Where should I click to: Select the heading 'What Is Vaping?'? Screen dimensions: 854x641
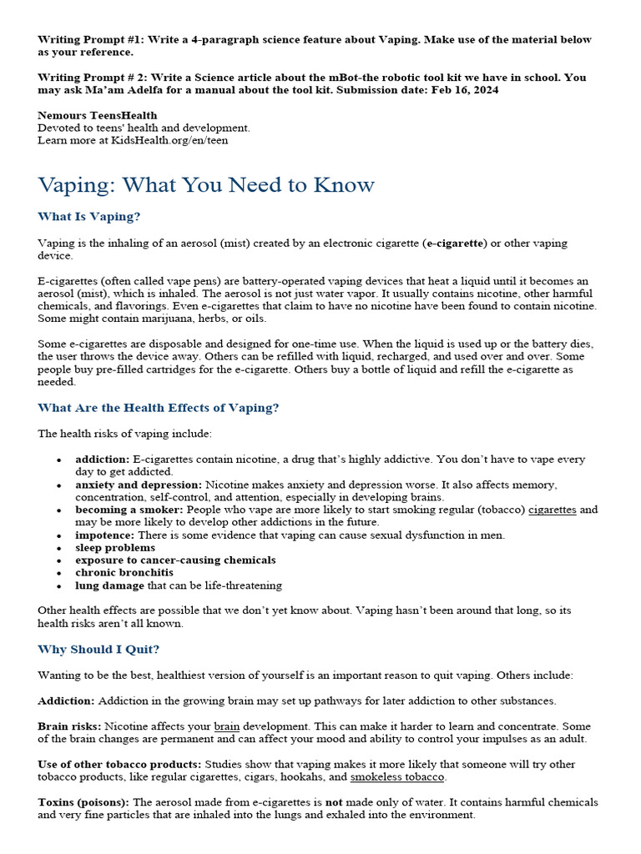coord(89,217)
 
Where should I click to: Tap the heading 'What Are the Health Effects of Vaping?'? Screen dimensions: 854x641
coord(159,408)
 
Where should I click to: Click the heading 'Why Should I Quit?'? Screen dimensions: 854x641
coord(98,649)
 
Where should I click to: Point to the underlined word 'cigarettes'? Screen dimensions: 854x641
coord(553,510)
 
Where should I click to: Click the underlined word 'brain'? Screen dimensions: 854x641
coord(227,726)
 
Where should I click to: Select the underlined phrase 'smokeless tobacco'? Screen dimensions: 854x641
coord(398,776)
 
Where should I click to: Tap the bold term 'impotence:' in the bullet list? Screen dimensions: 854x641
coord(105,535)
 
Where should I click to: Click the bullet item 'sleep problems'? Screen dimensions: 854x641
coord(115,548)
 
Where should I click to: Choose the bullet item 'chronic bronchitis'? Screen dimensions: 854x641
coord(124,573)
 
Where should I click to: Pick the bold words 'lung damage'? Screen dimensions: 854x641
coord(109,585)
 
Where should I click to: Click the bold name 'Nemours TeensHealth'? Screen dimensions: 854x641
coord(97,115)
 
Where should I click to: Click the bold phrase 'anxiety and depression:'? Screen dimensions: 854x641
coord(139,485)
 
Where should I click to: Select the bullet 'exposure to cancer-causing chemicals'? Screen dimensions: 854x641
coord(175,560)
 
